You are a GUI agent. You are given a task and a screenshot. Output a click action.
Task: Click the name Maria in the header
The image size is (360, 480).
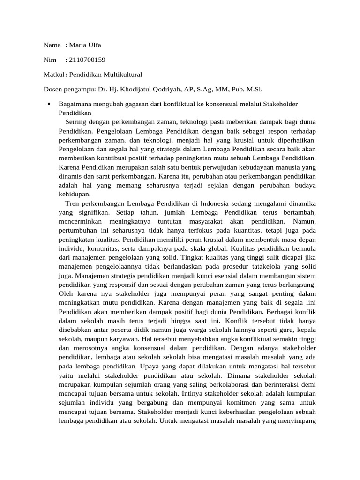tap(78, 45)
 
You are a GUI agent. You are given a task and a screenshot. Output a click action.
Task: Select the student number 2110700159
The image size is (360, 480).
tap(87, 60)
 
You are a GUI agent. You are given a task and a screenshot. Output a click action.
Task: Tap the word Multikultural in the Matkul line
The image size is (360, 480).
tap(121, 75)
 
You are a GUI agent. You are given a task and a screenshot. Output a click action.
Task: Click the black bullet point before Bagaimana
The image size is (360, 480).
tap(49, 104)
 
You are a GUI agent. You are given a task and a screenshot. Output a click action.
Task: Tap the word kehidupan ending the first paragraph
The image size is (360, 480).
tap(74, 194)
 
